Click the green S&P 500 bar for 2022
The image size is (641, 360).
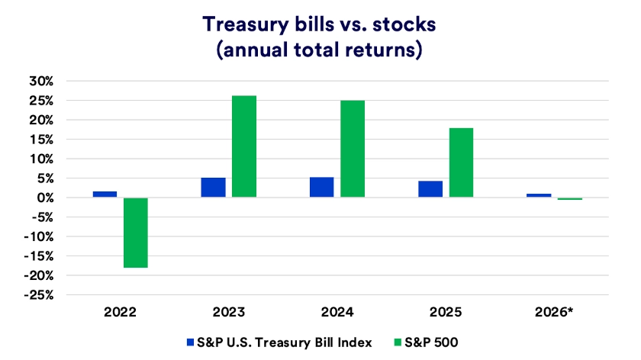136,233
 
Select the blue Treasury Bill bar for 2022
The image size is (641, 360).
105,194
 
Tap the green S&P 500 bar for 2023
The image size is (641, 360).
244,146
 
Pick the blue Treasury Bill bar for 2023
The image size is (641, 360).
213,188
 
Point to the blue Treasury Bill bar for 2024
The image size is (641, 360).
321,188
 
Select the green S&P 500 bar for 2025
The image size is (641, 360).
461,162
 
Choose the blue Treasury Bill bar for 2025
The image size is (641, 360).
430,189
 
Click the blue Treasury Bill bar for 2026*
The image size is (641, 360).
539,195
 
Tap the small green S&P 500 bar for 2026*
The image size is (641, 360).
569,199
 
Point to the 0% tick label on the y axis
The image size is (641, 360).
44,198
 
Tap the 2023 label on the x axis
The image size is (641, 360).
228,312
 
